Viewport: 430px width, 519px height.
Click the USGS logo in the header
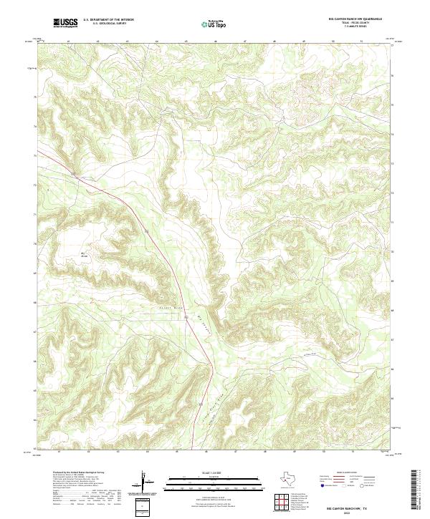point(65,22)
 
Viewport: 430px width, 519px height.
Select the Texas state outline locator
point(292,478)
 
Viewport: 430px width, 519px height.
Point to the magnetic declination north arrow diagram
point(143,481)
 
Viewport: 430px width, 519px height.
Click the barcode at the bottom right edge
point(418,493)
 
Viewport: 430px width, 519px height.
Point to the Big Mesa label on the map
point(82,253)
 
